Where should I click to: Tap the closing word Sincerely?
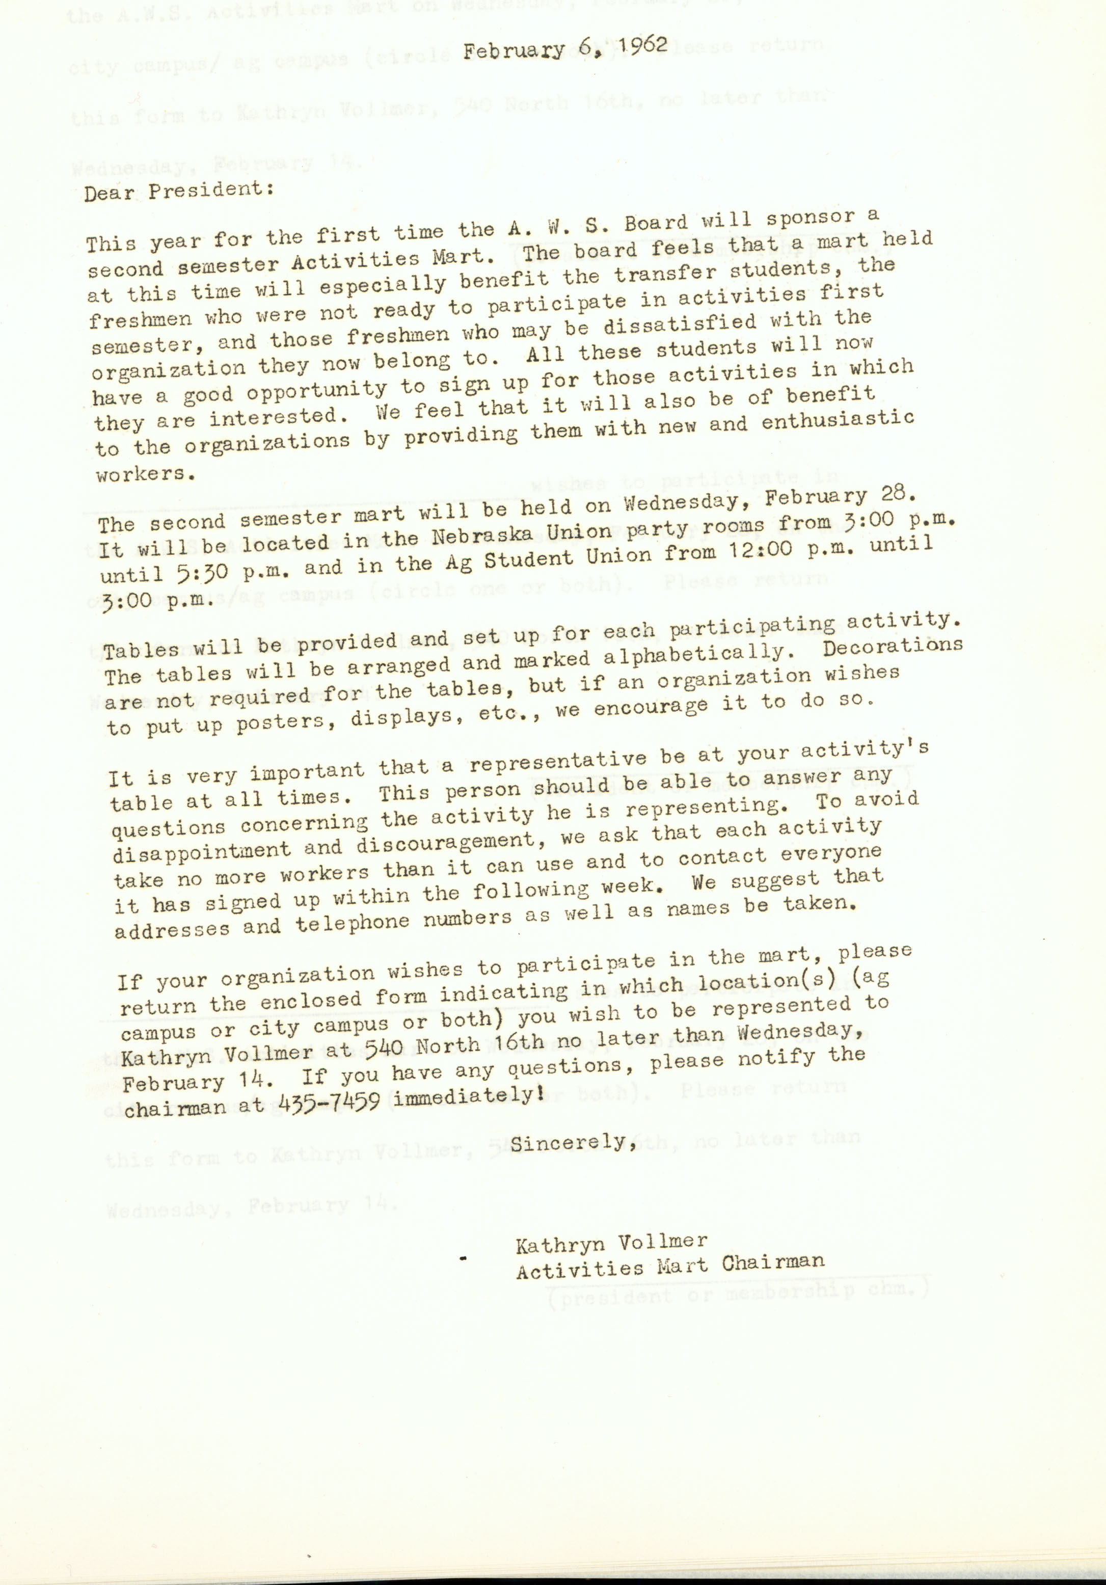coord(572,1143)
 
